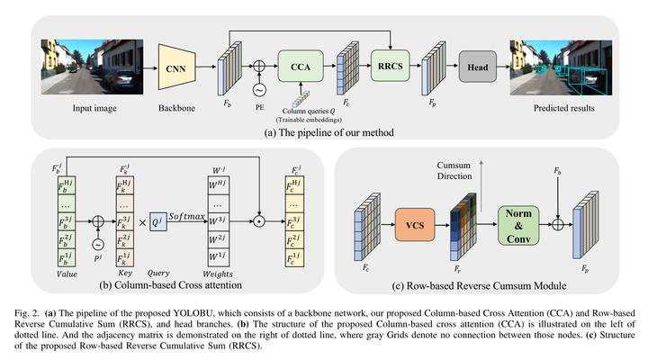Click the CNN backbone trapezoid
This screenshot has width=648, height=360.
click(x=177, y=67)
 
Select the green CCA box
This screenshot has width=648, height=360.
click(x=301, y=66)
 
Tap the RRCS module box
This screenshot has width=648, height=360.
click(x=390, y=66)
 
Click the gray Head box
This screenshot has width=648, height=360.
click(x=478, y=67)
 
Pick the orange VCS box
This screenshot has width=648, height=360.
click(x=415, y=225)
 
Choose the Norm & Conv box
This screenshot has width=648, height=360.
click(x=518, y=226)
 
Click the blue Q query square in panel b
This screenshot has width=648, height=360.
click(x=158, y=222)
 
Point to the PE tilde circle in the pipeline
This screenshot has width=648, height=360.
click(x=259, y=90)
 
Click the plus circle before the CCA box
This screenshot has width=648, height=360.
click(x=259, y=66)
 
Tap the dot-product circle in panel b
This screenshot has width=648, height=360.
click(x=258, y=221)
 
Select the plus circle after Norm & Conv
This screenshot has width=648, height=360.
click(x=558, y=224)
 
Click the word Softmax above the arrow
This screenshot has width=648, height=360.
click(x=186, y=216)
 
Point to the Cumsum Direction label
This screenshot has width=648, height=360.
click(x=454, y=170)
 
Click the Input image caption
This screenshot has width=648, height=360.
click(x=94, y=108)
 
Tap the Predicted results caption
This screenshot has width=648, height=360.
click(x=563, y=108)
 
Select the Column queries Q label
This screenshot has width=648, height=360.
click(x=309, y=111)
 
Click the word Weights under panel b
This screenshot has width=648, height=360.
click(x=218, y=274)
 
